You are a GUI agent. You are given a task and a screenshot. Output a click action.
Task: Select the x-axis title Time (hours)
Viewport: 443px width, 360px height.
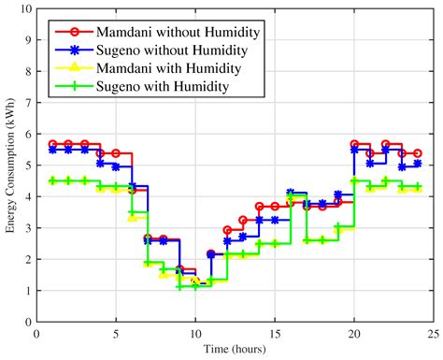[x=235, y=349]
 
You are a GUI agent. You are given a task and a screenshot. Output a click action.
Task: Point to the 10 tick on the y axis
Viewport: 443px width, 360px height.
[x=25, y=9]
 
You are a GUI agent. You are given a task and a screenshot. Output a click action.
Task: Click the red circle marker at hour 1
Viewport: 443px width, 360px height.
[x=52, y=144]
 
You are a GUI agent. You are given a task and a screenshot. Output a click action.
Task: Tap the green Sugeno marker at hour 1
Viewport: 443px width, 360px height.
[x=52, y=180]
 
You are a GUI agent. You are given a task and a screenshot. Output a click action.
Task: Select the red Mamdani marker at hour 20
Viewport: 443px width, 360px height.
[x=354, y=144]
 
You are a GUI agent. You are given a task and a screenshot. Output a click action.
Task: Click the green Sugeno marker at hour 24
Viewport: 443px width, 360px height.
[x=418, y=187]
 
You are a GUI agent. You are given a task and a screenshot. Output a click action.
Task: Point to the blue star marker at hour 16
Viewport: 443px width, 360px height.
[x=291, y=193]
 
